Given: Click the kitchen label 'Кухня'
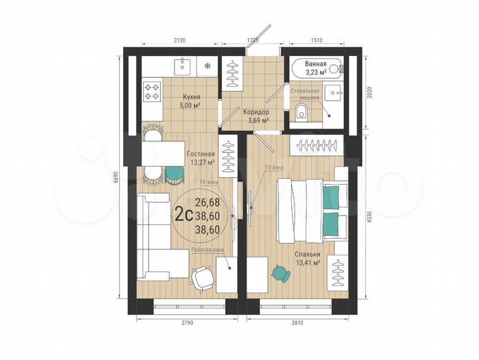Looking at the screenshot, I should coord(191,97).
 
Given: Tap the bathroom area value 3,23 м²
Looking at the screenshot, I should coord(315,71).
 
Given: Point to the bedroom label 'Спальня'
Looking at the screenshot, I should coord(308,254).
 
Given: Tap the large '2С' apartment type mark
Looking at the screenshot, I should coord(183,214).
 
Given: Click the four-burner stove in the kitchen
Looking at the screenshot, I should coord(152,91).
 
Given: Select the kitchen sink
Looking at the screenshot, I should coord(182,65).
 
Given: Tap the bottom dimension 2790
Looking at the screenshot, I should coord(186,323).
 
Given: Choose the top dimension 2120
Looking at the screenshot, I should coord(179,40).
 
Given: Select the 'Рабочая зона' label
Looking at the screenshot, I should coord(208,249).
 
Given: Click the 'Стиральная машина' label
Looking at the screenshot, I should coord(304,93).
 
